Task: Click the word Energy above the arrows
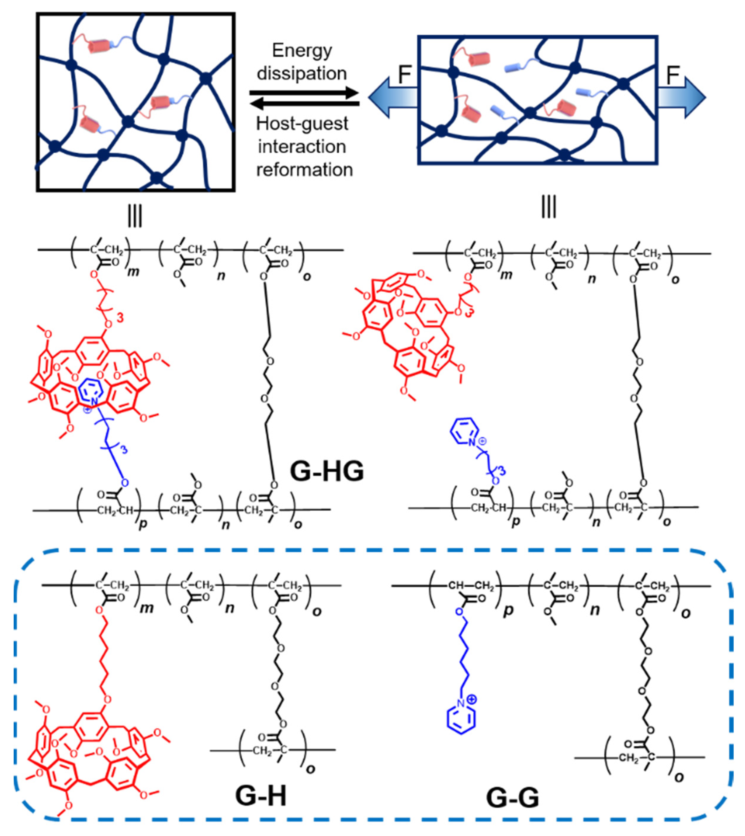tap(302, 51)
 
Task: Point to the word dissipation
tap(302, 74)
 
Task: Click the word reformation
tap(305, 170)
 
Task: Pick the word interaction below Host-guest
tap(302, 146)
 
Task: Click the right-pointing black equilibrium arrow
tap(305, 93)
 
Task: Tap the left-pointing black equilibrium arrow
tap(305, 104)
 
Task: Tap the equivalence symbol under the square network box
tap(135, 216)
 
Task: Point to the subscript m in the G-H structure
tap(147, 608)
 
